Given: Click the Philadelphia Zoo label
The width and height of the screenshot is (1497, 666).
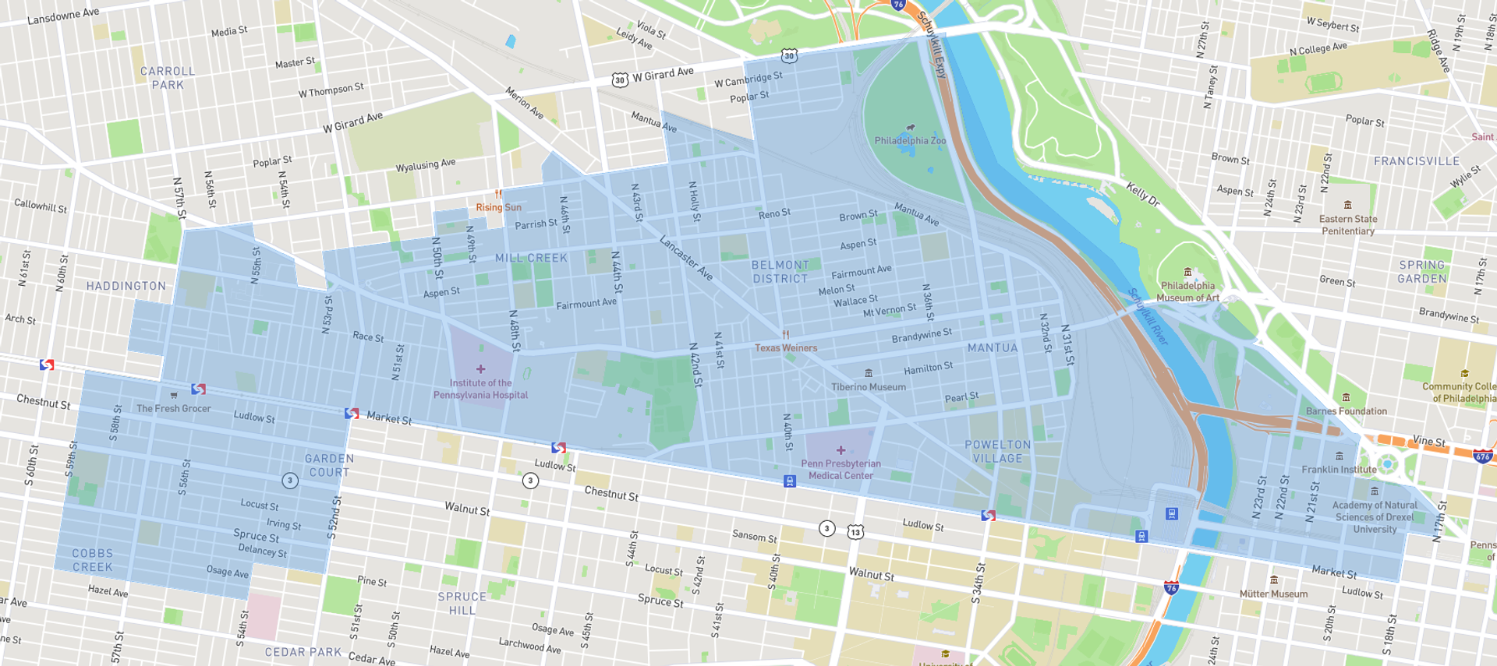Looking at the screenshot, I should click(x=910, y=140).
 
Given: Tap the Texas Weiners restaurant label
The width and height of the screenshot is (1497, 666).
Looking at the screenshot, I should click(x=786, y=347).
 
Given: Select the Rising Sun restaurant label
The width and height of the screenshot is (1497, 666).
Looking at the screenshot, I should click(x=498, y=207).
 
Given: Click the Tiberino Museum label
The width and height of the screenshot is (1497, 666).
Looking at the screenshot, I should click(x=868, y=386).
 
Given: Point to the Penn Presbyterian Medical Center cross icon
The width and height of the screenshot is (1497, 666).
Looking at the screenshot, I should click(x=841, y=450).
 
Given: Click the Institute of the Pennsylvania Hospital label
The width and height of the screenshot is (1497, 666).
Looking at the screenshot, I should click(x=480, y=389).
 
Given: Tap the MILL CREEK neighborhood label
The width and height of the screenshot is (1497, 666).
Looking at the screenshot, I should click(x=531, y=258).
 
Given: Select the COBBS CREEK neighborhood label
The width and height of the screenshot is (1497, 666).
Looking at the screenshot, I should click(x=93, y=560).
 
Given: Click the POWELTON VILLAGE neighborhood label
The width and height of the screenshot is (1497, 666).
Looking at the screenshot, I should click(x=997, y=451).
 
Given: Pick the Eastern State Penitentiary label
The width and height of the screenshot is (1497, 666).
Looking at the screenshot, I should click(x=1347, y=224).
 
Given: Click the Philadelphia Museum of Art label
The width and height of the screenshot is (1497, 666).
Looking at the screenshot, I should click(x=1187, y=291).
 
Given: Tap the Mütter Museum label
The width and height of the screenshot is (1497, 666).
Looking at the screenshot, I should click(x=1273, y=594).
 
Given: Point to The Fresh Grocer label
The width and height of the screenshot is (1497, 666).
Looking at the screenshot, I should click(x=173, y=408).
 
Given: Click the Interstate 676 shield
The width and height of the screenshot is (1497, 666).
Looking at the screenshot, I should click(x=1482, y=456).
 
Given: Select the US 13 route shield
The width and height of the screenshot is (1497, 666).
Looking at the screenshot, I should click(x=855, y=532).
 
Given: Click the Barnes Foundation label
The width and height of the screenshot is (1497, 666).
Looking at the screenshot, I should click(x=1346, y=411).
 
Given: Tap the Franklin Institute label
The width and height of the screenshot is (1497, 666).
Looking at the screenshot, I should click(x=1339, y=469).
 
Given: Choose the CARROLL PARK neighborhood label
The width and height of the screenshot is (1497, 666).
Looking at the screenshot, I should click(x=168, y=78).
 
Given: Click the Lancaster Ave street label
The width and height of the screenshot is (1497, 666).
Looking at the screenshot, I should click(x=686, y=258).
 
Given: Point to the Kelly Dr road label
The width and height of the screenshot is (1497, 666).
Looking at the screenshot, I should click(x=1143, y=193).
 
